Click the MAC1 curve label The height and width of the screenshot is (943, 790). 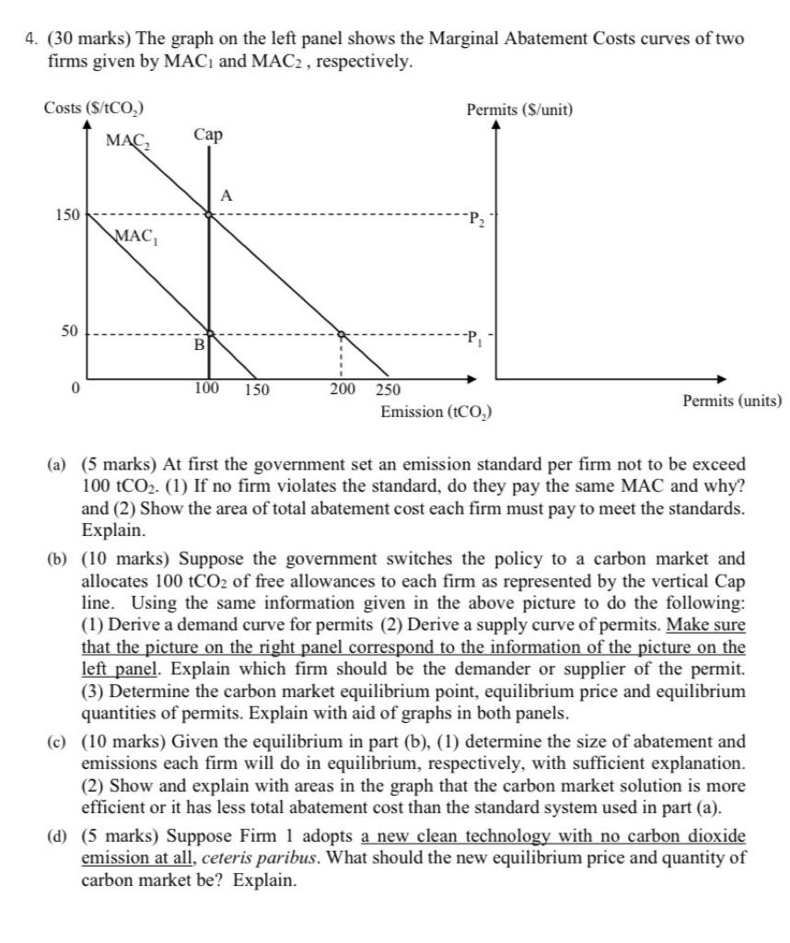pos(134,236)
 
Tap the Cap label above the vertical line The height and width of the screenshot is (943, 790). pos(208,135)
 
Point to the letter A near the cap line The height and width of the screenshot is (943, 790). pos(227,194)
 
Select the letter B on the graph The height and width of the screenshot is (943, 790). pos(197,346)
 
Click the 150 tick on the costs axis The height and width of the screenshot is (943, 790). pos(66,215)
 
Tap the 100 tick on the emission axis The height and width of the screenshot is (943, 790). pos(206,388)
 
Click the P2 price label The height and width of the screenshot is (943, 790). pos(475,219)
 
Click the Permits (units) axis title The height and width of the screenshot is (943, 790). pos(732,401)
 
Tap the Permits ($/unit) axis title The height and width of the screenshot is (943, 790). pos(519,110)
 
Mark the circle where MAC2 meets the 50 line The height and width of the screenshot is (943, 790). pos(341,334)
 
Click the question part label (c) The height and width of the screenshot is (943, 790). pos(57,741)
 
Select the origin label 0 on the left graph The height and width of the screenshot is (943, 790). pos(78,389)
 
